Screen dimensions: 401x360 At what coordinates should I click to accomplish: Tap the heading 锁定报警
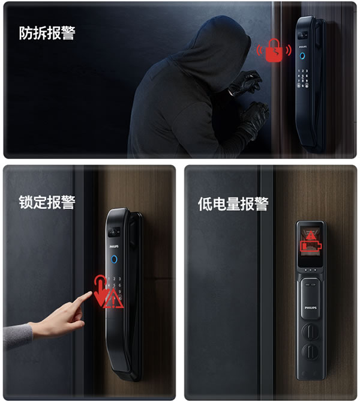47,202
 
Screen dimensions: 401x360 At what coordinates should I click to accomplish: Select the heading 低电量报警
233,204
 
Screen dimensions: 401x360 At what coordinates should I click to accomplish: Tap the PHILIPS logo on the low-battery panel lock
310,307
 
